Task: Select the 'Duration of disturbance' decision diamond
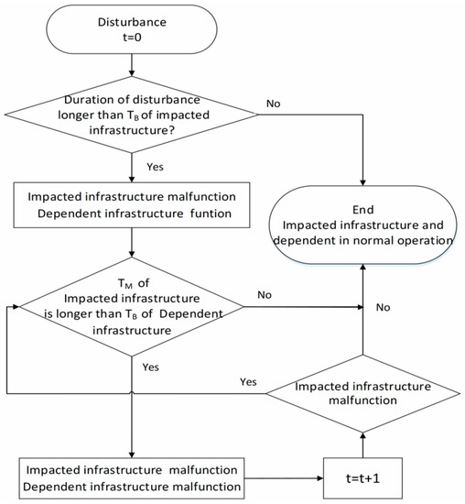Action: coord(134,114)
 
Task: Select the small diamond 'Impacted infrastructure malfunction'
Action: coord(365,393)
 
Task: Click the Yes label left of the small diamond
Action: coord(246,381)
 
